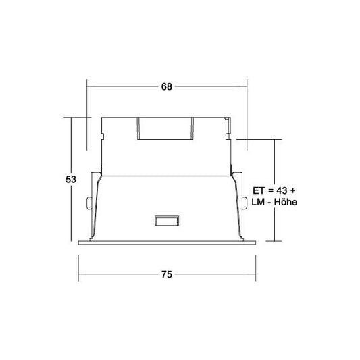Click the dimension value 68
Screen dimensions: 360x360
pyautogui.click(x=166, y=86)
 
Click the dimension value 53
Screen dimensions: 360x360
pyautogui.click(x=71, y=179)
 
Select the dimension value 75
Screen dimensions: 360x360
pyautogui.click(x=166, y=274)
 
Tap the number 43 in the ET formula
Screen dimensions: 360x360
pyautogui.click(x=282, y=190)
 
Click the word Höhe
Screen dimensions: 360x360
pyautogui.click(x=286, y=202)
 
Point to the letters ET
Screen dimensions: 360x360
pyautogui.click(x=259, y=190)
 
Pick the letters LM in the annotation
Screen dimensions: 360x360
pyautogui.click(x=258, y=202)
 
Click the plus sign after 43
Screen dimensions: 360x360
pyautogui.click(x=292, y=190)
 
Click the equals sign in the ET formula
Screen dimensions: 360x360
pyautogui.click(x=270, y=190)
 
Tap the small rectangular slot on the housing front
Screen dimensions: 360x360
pyautogui.click(x=166, y=221)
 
